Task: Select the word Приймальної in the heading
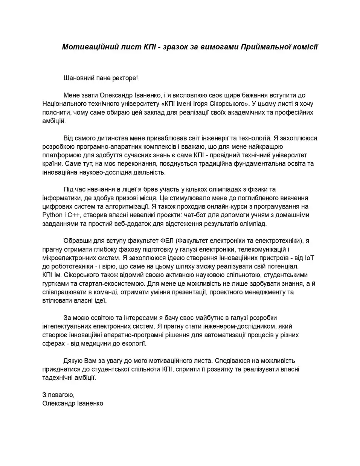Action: (x=262, y=47)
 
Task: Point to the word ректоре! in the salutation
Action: (x=126, y=78)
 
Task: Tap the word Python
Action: (x=53, y=215)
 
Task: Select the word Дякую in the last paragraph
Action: (x=72, y=361)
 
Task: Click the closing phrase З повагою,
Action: (x=59, y=395)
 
